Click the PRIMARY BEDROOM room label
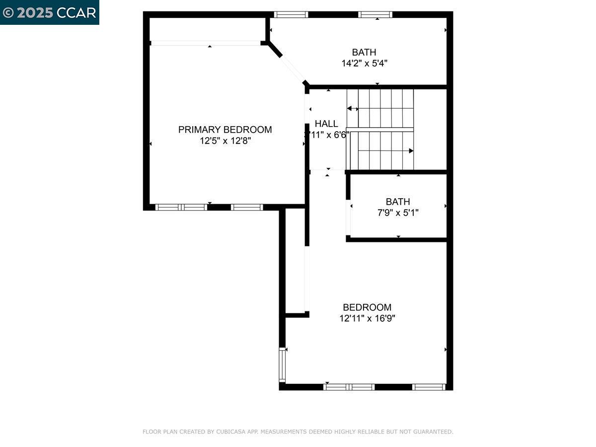click(225, 130)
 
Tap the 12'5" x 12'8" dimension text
click(225, 141)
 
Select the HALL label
click(326, 124)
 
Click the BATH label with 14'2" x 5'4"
click(364, 52)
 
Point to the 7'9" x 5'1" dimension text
click(398, 213)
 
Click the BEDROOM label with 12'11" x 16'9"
click(367, 307)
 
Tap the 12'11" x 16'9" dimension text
click(367, 319)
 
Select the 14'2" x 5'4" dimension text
click(364, 64)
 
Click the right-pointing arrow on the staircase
click(410, 150)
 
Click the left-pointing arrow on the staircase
click(350, 108)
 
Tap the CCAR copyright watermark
click(50, 12)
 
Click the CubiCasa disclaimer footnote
click(298, 432)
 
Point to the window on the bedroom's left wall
click(283, 365)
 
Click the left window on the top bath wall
click(291, 15)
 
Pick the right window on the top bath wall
click(375, 15)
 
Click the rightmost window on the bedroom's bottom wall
click(429, 387)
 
